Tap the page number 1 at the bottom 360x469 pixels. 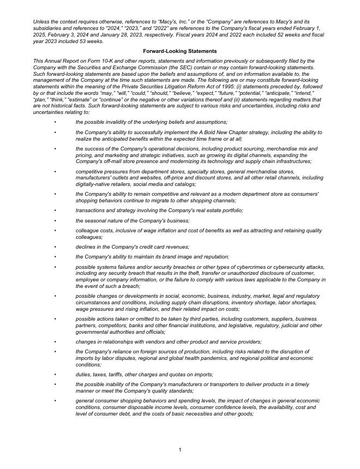(x=179, y=449)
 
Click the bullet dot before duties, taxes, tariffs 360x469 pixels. (x=55, y=375)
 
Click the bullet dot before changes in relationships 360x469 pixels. (x=55, y=342)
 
